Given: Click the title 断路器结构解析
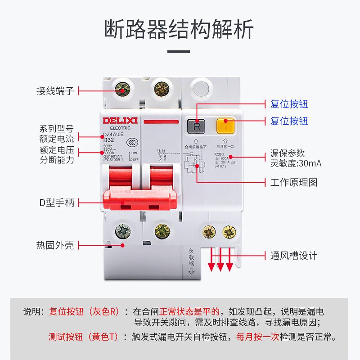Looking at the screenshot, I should (x=180, y=29).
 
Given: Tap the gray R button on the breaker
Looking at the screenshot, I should (x=197, y=126).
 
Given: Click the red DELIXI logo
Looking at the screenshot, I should (x=117, y=121).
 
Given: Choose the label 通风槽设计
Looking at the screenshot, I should (x=293, y=256).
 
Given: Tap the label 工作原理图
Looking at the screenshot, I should (x=293, y=182).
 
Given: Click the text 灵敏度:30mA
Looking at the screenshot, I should (x=296, y=163).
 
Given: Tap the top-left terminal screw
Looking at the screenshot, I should (x=122, y=89).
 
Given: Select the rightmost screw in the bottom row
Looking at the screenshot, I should (x=229, y=232).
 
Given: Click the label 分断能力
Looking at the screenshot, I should (x=56, y=159).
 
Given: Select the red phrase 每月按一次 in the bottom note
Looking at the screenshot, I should (x=257, y=336).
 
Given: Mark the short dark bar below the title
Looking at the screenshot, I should (x=179, y=51).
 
